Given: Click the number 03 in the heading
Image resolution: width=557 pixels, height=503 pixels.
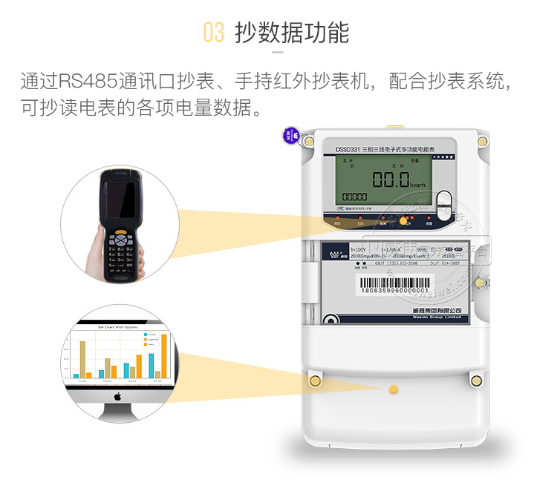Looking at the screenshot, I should pos(213,33).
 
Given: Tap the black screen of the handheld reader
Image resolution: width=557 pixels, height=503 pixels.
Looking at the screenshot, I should pos(120,200).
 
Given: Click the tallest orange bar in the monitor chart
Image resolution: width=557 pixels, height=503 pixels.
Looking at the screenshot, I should pos(164,355).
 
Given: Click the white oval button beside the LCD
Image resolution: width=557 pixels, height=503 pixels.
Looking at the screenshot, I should pos(443,202).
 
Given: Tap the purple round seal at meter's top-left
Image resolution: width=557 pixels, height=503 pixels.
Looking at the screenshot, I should pos(290,137).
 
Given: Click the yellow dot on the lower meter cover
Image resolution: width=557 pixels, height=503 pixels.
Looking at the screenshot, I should pos(394,389).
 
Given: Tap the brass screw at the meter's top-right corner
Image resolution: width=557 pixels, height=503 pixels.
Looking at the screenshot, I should pos(482,140).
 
